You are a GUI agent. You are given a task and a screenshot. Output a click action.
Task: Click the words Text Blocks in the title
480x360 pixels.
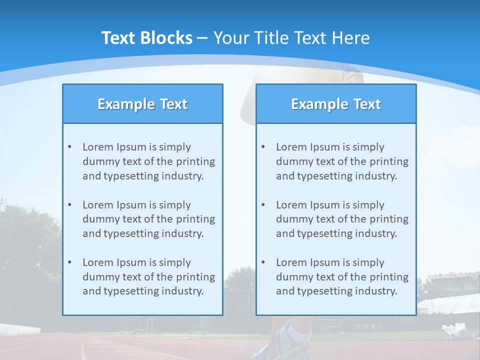146,38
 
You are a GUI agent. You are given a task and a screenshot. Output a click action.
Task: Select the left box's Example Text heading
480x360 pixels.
142,104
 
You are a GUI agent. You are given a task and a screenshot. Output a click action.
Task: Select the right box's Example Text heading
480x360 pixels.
336,104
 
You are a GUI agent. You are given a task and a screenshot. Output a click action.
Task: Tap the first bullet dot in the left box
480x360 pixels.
69,147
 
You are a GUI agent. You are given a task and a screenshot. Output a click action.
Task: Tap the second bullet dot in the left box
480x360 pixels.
69,205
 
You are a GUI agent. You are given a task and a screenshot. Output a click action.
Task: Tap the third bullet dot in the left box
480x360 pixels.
69,262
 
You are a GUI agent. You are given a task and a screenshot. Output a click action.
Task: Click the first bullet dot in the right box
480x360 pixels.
263,147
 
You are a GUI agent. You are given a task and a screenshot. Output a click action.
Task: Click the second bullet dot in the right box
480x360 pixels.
263,205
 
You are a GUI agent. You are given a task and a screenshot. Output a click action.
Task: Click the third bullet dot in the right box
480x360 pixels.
263,262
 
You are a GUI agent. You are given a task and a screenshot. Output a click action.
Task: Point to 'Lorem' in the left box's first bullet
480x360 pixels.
98,147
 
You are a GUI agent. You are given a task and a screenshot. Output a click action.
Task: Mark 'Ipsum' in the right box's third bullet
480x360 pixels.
326,262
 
